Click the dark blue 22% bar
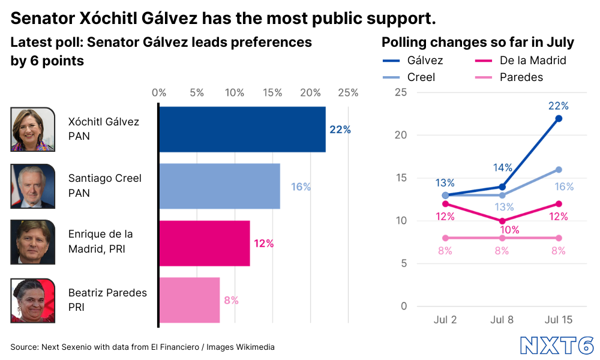(x=243, y=129)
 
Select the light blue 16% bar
(x=220, y=186)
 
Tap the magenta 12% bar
(x=205, y=243)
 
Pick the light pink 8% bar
(x=190, y=299)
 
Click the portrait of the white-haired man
(x=32, y=186)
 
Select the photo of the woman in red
(x=32, y=301)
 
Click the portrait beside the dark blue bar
(x=32, y=130)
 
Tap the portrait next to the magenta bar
(x=32, y=242)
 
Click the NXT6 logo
(x=557, y=346)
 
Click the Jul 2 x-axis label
(x=445, y=320)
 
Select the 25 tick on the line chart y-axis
(x=400, y=92)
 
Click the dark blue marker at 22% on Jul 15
(x=559, y=118)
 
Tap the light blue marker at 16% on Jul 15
(x=559, y=169)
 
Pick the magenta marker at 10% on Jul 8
(x=502, y=221)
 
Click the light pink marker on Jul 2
(x=445, y=238)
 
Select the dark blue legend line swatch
(x=391, y=61)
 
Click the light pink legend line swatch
(x=483, y=77)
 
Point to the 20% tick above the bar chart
(x=310, y=93)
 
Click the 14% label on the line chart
(x=502, y=167)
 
